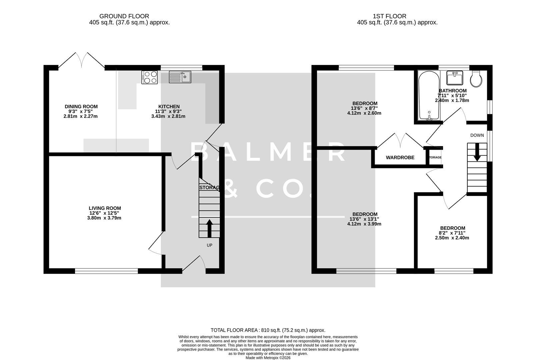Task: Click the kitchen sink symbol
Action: tap(180, 77)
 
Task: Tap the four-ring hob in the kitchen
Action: tap(149, 77)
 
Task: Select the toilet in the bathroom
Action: tap(476, 79)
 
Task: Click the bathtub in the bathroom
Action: tap(429, 97)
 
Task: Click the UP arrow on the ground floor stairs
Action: tap(209, 228)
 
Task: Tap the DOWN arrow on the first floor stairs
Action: tap(477, 152)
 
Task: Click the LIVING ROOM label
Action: tap(105, 208)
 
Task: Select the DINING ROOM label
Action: tap(81, 107)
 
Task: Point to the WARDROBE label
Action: tap(400, 157)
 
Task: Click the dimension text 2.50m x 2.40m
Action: tap(452, 238)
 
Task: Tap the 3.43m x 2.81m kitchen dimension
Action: tap(168, 116)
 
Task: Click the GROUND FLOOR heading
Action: tap(124, 16)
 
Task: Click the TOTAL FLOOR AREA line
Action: tap(268, 330)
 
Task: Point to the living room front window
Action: tap(106, 271)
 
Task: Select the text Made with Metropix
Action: tap(268, 358)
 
